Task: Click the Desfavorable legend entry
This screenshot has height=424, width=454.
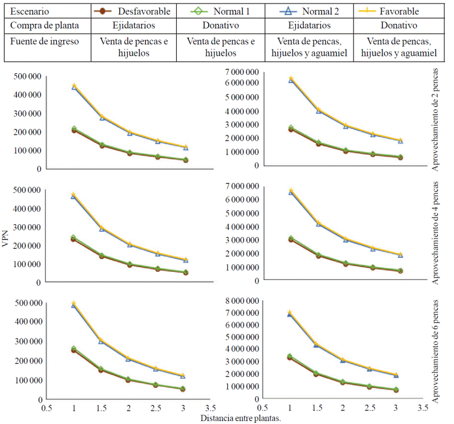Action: pos(143,11)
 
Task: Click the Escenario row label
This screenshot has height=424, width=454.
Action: pos(30,11)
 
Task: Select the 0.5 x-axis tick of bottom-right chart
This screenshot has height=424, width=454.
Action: pos(263,408)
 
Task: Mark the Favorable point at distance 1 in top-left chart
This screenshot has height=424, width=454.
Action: pos(74,85)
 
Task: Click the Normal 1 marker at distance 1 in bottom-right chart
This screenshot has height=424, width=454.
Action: pos(290,356)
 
